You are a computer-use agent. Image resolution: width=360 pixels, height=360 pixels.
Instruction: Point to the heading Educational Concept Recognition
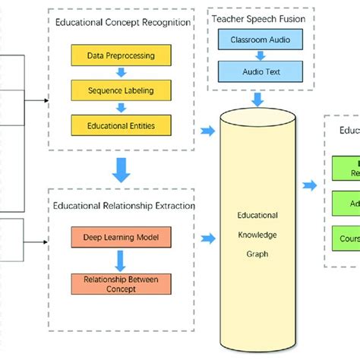coord(122,23)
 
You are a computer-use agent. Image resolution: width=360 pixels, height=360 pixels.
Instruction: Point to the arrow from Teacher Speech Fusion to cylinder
coord(257,98)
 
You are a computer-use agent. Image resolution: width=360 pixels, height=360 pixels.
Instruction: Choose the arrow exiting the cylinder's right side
coord(311,185)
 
